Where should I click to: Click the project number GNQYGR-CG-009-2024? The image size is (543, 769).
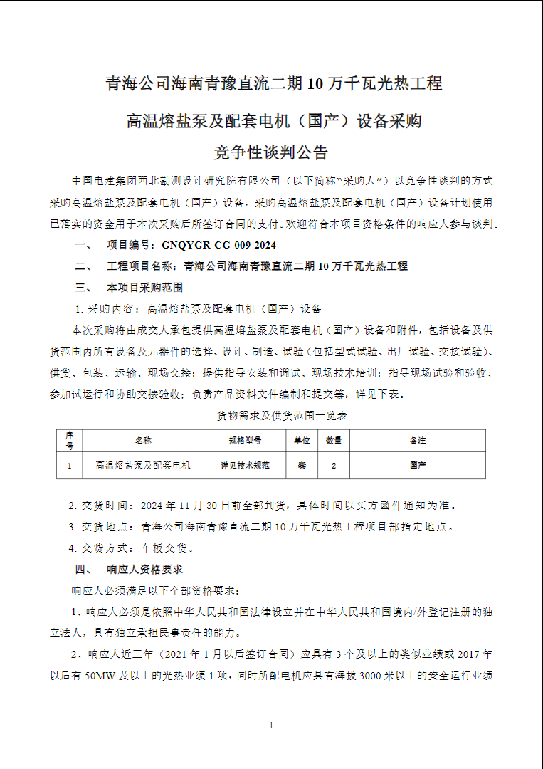[218, 245]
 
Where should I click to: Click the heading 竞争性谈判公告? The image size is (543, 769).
[271, 152]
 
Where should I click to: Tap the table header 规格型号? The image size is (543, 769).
[245, 441]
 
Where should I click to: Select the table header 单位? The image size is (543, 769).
[302, 441]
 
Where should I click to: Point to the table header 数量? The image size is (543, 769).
[334, 441]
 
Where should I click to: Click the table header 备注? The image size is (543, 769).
[418, 441]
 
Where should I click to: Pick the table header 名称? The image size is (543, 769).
[143, 441]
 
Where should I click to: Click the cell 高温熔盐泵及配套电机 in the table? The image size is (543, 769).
[143, 466]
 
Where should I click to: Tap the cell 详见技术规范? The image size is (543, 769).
[245, 466]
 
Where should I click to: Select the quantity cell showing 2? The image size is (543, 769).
[334, 466]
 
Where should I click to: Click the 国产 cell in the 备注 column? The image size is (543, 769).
[418, 466]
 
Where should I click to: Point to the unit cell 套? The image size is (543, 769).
[302, 466]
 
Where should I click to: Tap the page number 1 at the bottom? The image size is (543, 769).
[271, 726]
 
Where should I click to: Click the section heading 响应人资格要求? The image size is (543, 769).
[144, 570]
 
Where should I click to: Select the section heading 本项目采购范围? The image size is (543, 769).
[144, 288]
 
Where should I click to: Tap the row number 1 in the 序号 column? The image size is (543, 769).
[69, 466]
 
